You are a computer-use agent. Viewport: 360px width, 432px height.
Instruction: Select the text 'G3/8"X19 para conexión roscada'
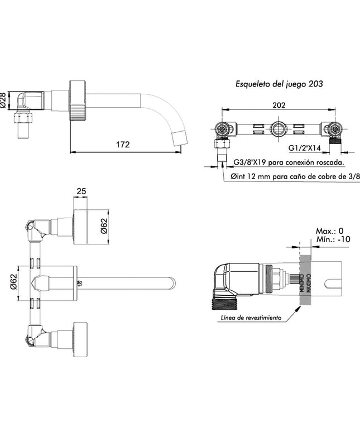[x=288, y=162]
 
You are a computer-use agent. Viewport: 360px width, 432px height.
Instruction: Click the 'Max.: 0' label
[x=329, y=231]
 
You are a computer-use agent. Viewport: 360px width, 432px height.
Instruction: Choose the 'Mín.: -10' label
[x=332, y=239]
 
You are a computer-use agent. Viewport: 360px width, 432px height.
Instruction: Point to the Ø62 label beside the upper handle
[x=104, y=226]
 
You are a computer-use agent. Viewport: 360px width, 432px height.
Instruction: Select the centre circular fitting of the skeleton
[x=279, y=131]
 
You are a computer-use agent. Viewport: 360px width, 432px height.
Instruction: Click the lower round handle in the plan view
[x=81, y=338]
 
